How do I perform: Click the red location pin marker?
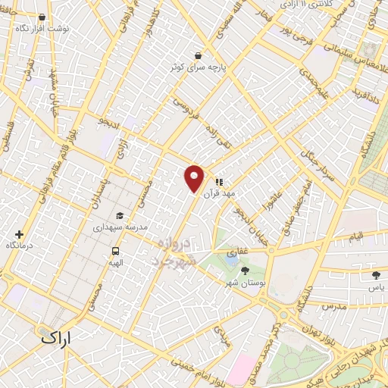[x=195, y=178]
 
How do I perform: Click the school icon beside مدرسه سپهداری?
[x=120, y=215]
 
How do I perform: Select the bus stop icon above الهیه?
[x=115, y=251]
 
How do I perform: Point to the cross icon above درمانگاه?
[x=20, y=235]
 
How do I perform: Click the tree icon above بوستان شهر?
[x=244, y=271]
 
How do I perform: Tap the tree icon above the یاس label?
[x=377, y=275]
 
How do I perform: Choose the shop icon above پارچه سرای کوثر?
[x=198, y=55]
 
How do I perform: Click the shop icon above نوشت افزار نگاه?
[x=41, y=16]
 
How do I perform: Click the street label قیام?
[x=355, y=236]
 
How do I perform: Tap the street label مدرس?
[x=333, y=306]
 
